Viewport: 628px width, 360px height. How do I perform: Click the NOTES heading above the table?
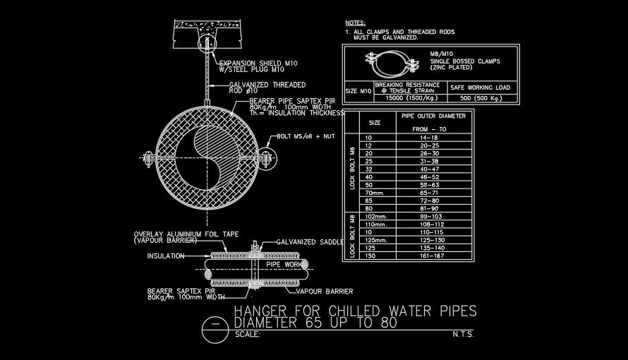click(356, 23)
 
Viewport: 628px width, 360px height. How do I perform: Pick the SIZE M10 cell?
click(358, 91)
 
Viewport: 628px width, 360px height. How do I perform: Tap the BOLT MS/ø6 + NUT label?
click(306, 136)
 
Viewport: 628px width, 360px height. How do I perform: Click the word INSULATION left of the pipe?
click(166, 256)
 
